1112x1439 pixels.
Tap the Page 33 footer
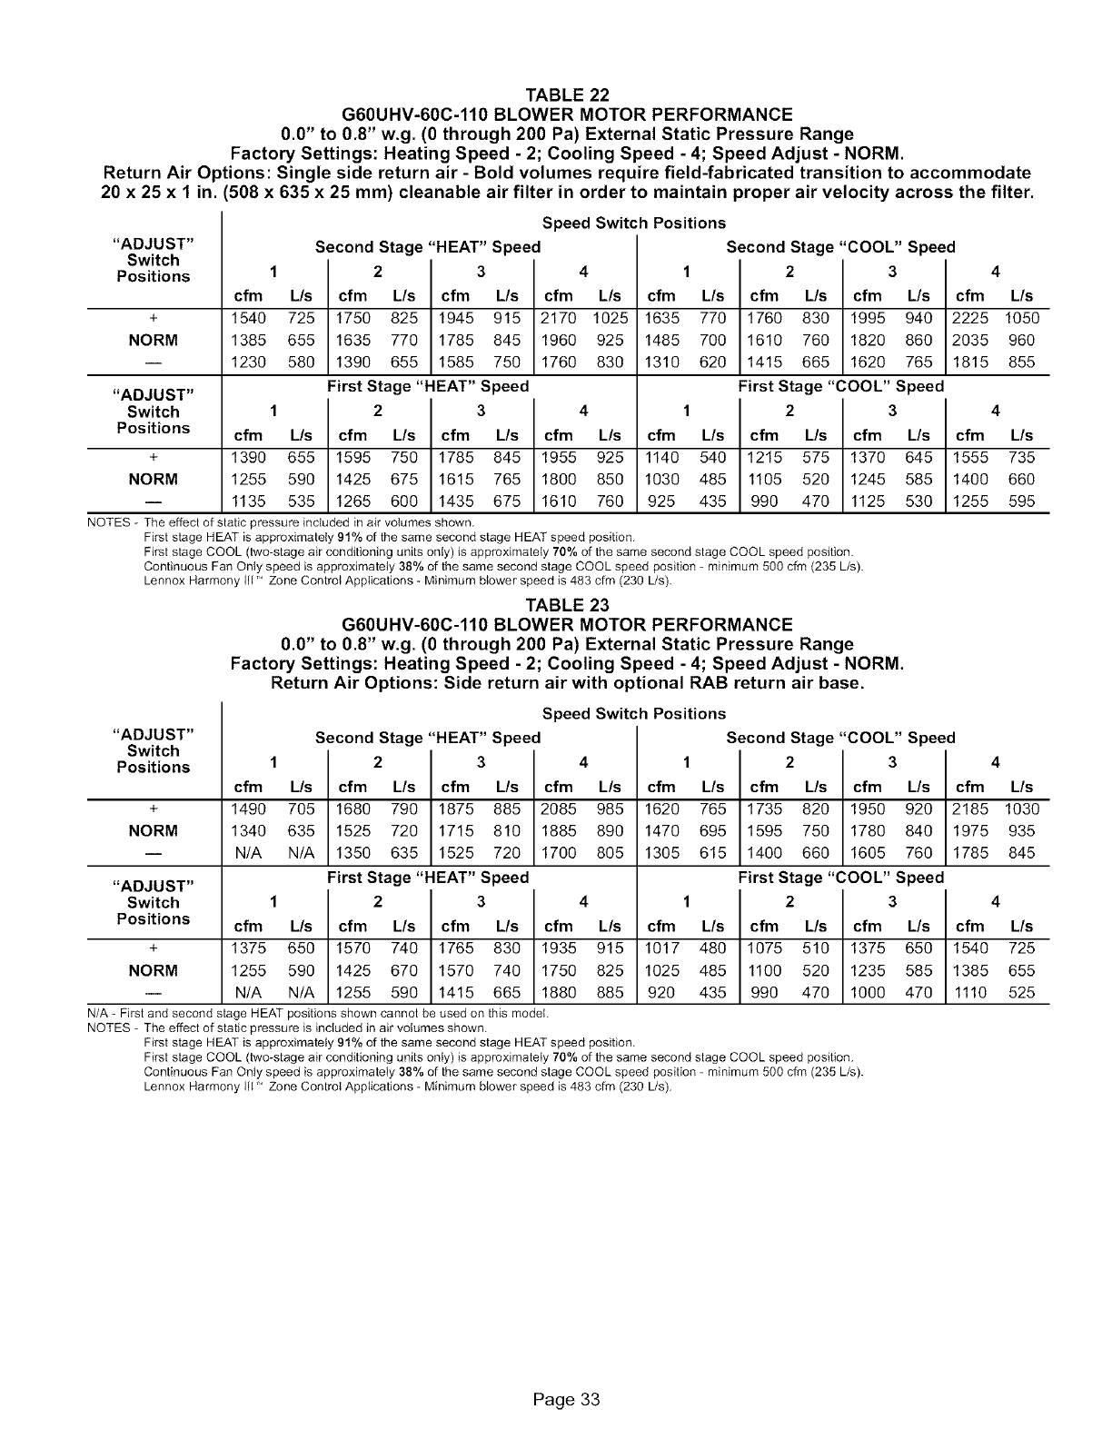click(x=567, y=1399)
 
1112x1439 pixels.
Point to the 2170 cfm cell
click(x=558, y=318)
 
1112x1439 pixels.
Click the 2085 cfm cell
click(x=558, y=809)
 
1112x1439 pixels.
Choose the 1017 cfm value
click(x=661, y=948)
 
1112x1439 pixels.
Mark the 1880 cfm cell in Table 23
click(x=558, y=993)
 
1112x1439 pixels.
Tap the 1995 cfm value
click(x=868, y=318)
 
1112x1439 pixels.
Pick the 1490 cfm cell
click(x=248, y=809)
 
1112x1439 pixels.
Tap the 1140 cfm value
click(x=661, y=457)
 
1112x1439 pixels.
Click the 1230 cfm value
click(x=248, y=362)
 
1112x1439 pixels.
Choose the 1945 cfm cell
click(x=455, y=318)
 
